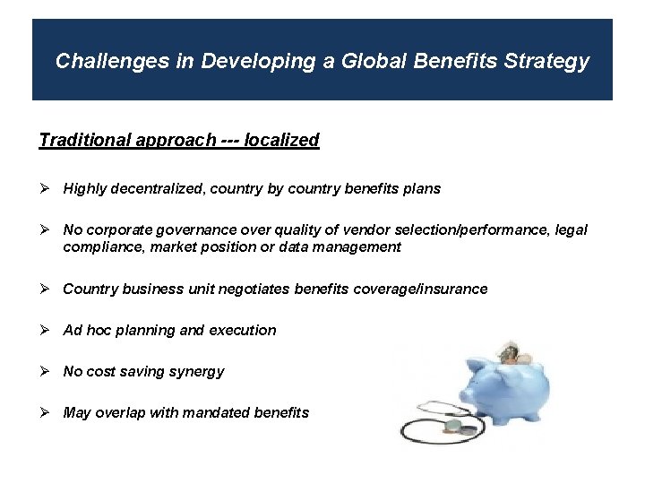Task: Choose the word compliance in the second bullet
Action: click(98, 247)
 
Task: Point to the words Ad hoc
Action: click(87, 331)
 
